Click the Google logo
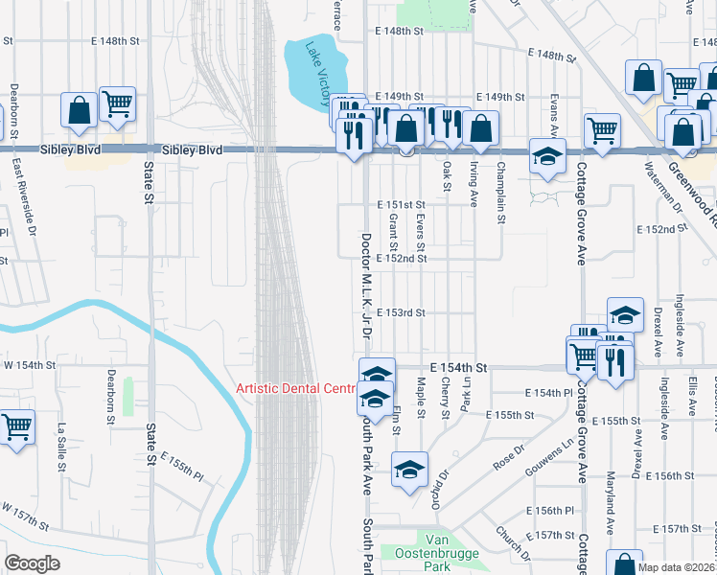[x=32, y=563]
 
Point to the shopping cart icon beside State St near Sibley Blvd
[x=117, y=103]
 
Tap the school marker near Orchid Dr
[x=409, y=471]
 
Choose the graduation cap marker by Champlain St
[x=547, y=156]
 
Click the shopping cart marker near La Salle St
[x=17, y=428]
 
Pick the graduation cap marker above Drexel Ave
[x=625, y=315]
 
